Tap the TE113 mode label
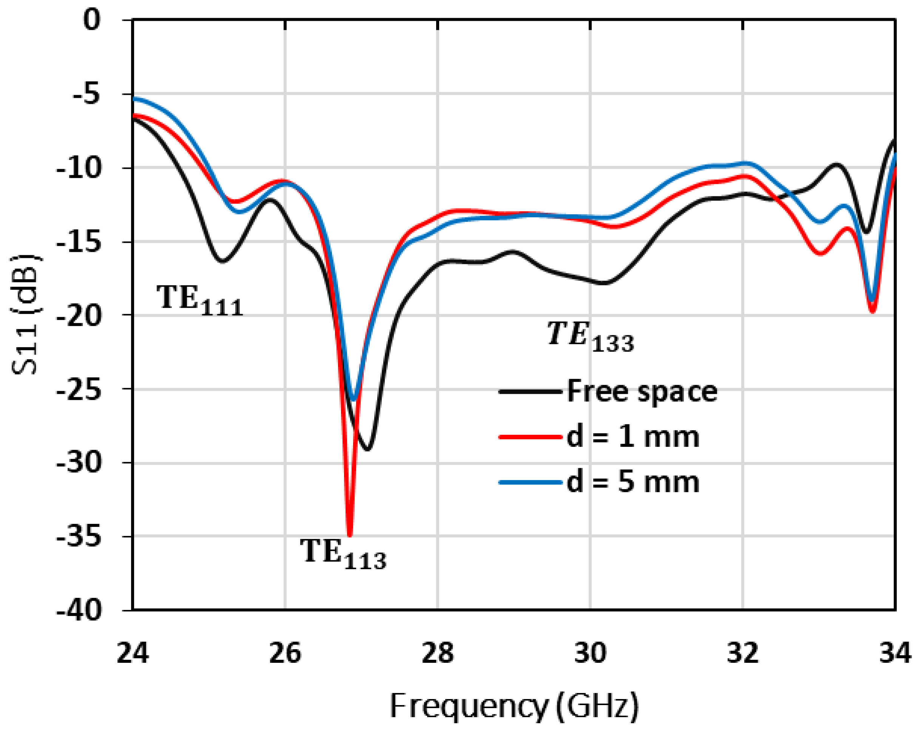coord(343,554)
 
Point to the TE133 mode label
coord(590,336)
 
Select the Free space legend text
coord(642,391)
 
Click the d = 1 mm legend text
coord(633,437)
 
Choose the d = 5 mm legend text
coord(633,482)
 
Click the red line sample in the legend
coord(531,437)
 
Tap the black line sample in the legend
coord(531,391)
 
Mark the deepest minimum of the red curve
coord(350,536)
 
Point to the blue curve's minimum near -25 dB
coord(353,400)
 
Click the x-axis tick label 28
coord(438,653)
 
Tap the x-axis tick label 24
coord(133,653)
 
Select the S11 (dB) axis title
coord(26,315)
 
